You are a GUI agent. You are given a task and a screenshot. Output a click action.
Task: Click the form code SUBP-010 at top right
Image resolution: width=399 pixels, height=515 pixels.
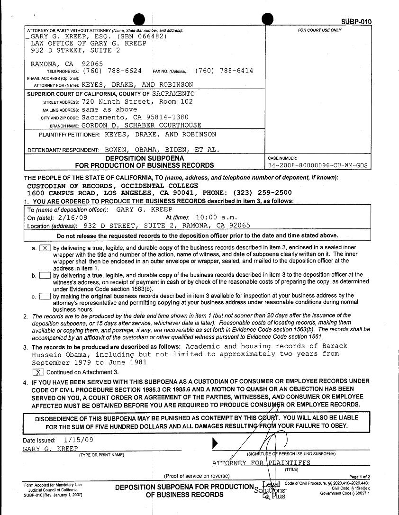click(356, 22)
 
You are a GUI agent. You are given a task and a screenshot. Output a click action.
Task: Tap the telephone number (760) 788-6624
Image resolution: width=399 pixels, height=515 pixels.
click(112, 71)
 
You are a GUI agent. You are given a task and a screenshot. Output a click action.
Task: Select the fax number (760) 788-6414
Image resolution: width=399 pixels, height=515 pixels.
click(224, 71)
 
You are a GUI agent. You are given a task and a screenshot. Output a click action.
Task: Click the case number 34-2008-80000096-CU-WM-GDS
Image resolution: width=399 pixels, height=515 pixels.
click(317, 165)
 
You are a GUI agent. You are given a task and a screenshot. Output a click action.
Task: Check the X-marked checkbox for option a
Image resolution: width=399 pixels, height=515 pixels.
click(45, 248)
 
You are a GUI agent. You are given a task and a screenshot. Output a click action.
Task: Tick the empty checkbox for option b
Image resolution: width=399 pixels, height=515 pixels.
click(45, 275)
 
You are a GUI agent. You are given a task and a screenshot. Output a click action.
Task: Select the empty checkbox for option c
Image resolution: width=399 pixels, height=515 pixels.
click(45, 296)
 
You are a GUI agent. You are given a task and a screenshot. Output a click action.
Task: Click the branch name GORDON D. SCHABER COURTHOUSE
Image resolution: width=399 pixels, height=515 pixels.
click(141, 126)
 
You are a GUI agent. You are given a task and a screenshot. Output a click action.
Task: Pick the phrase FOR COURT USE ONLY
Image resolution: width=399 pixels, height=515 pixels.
click(319, 30)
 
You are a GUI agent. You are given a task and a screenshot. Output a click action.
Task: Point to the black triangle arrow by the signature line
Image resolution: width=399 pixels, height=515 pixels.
click(216, 443)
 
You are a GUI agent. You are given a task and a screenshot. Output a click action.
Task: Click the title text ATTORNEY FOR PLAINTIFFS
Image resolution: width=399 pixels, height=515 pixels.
click(261, 463)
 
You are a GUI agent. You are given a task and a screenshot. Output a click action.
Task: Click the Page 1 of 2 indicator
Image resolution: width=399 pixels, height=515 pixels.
click(359, 477)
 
